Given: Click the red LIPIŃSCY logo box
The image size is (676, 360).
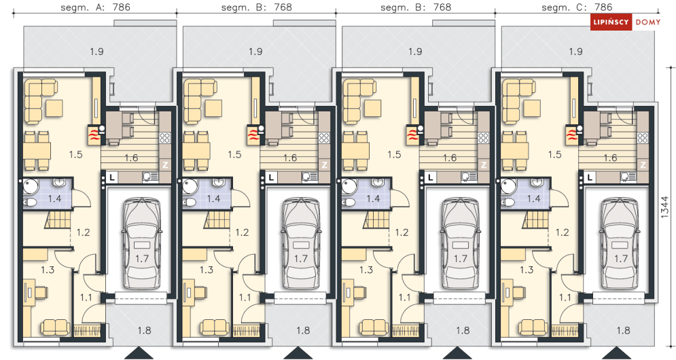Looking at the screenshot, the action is tap(611, 22).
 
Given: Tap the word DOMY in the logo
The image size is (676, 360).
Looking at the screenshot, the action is tap(648, 22).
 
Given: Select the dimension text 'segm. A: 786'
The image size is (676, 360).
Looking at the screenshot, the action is tap(96, 7).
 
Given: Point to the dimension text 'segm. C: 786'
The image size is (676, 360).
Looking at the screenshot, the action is tap(577, 7).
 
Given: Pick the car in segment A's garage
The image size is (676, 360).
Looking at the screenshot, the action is tap(142, 244).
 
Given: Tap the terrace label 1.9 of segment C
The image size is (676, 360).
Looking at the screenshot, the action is tap(575, 52).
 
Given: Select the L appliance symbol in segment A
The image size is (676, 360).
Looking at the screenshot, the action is tap(112, 177).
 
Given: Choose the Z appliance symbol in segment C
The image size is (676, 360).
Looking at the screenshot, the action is tap(643, 165).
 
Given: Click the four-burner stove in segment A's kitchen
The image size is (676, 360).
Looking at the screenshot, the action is tap(164, 138).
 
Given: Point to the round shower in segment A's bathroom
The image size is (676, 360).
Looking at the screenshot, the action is tap(30, 186).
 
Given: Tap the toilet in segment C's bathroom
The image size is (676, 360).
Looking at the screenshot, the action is tap(509, 202).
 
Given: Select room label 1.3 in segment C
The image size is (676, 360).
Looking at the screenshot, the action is tap(526, 270).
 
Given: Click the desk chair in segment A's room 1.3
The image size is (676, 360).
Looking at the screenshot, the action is tap(41, 292).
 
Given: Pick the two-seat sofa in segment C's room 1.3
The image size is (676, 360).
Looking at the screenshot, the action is tap(533, 327).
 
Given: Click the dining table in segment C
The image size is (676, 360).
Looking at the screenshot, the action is tap(515, 151).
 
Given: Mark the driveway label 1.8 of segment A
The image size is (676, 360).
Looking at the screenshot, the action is tap(144, 330).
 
